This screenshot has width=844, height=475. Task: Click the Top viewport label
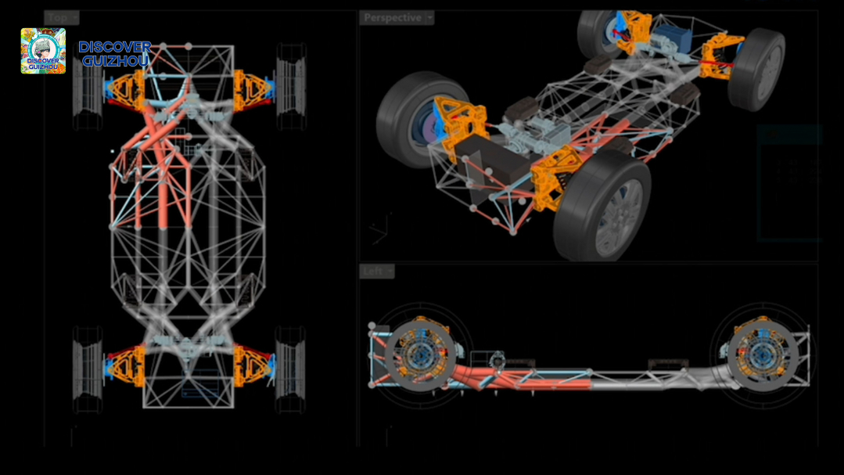[x=61, y=18]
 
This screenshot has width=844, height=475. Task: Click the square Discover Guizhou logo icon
[x=43, y=51]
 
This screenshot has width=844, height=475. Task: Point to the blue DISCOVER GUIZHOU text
[x=114, y=53]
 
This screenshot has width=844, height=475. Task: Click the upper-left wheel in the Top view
[x=88, y=86]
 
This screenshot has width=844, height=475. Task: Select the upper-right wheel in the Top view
[x=290, y=86]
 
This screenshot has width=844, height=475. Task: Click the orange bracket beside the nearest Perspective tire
[x=557, y=178]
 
